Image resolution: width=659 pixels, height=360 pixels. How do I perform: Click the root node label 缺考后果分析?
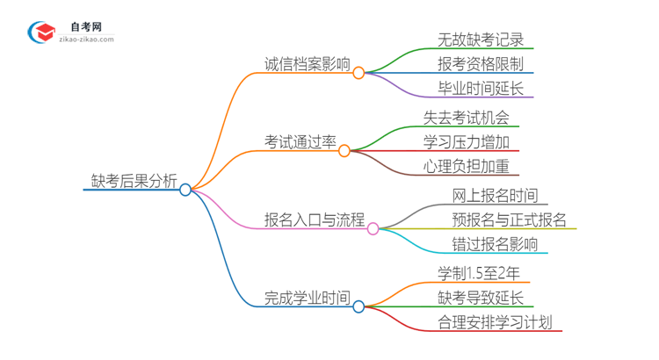point(134,181)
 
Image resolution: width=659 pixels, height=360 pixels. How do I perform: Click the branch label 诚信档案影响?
point(307,64)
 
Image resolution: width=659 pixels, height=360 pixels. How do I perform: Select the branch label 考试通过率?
point(301,142)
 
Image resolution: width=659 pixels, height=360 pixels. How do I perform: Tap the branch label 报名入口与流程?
point(315,220)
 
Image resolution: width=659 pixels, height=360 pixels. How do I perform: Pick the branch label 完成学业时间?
point(307,298)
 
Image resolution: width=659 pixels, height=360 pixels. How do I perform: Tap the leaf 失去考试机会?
point(466,118)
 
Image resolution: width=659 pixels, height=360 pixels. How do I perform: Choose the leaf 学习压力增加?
point(466,142)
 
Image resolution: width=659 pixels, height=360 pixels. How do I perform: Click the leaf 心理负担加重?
point(466,166)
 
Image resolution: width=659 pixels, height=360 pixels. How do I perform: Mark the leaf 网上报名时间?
point(495,196)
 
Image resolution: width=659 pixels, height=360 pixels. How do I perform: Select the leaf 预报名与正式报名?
point(509,220)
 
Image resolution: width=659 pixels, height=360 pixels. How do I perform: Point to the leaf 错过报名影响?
point(495,244)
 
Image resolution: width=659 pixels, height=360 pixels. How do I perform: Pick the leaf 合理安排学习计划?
point(495,322)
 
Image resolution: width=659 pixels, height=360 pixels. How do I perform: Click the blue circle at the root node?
point(185,190)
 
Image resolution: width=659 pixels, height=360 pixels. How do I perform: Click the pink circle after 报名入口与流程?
point(373,228)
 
